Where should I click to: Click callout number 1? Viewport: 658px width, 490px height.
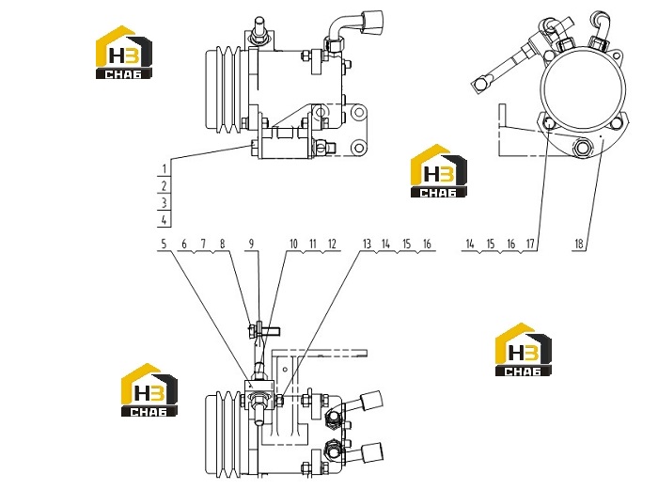[x=164, y=168]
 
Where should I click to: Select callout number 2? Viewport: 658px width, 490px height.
[x=164, y=185]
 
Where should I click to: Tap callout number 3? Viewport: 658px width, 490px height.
[x=164, y=203]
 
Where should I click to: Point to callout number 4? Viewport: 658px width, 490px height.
[x=164, y=219]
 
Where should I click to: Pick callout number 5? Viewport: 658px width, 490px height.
[x=164, y=244]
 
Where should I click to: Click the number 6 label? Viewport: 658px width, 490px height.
[x=184, y=244]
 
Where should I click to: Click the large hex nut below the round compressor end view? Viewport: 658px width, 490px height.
[x=582, y=148]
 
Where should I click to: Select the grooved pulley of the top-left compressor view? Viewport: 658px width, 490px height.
[x=224, y=89]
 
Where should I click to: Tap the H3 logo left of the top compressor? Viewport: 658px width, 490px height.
[x=124, y=53]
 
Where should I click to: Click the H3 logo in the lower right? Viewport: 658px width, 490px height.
[x=524, y=350]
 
